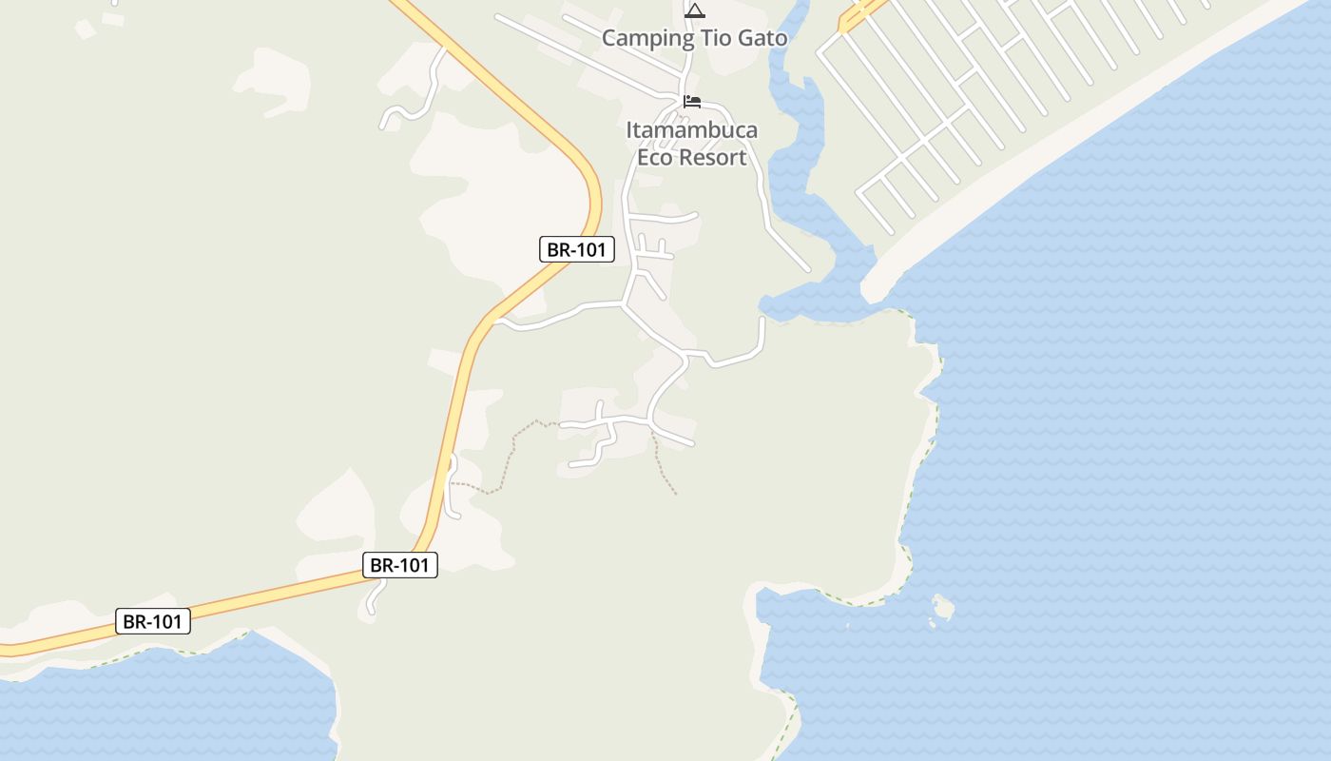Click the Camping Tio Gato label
pos(695,39)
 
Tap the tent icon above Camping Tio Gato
pos(695,10)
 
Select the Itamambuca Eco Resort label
pos(692,144)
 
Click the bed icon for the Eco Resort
pos(692,102)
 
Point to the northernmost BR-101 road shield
pos(577,250)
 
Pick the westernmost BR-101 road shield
pos(153,622)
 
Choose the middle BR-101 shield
pos(400,565)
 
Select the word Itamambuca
pos(692,130)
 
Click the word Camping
pos(647,39)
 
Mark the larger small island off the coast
pos(942,606)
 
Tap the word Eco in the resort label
pos(654,158)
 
